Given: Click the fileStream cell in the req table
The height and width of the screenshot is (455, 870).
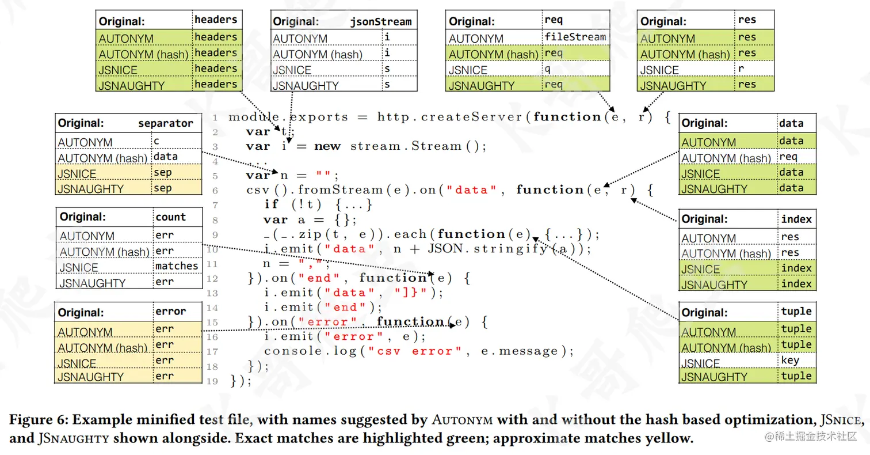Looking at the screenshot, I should click(x=575, y=37).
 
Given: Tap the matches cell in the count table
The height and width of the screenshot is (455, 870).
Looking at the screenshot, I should click(x=177, y=266).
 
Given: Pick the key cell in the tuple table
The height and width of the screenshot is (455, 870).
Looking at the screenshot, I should click(x=789, y=361).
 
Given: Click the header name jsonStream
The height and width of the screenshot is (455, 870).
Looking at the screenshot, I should click(x=381, y=22).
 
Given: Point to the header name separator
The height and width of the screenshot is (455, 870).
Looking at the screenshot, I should click(x=166, y=123).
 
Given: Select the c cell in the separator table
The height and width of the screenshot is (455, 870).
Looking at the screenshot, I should click(x=157, y=141).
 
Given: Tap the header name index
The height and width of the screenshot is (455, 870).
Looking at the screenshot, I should click(x=796, y=219).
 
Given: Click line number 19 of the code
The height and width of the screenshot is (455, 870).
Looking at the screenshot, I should click(x=213, y=381).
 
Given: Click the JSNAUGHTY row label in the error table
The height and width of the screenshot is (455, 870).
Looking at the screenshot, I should click(x=90, y=377).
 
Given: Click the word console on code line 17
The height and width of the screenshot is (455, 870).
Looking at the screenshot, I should click(x=291, y=351).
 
